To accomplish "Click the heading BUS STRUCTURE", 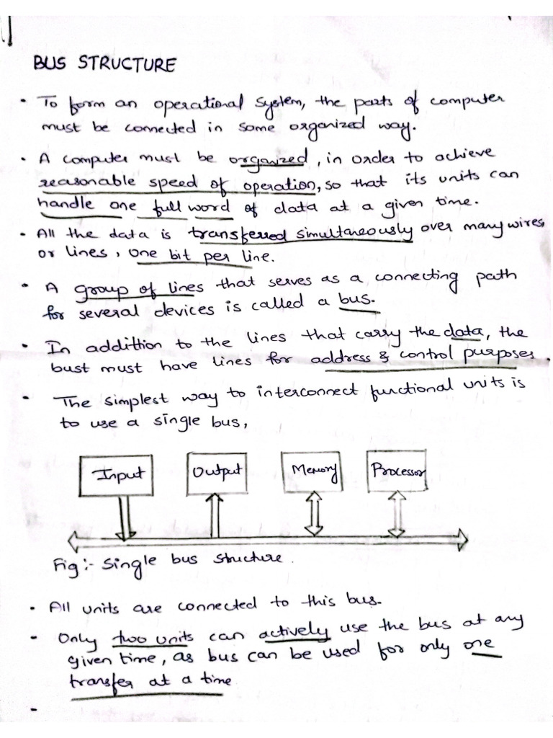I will [x=104, y=66].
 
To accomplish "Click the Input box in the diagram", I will [x=120, y=475].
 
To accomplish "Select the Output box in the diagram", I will [x=215, y=473].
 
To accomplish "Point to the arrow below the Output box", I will [x=214, y=515].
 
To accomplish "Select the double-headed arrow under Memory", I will [x=315, y=514].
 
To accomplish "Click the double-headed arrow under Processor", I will [x=397, y=514].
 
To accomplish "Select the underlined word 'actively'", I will [x=294, y=634].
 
